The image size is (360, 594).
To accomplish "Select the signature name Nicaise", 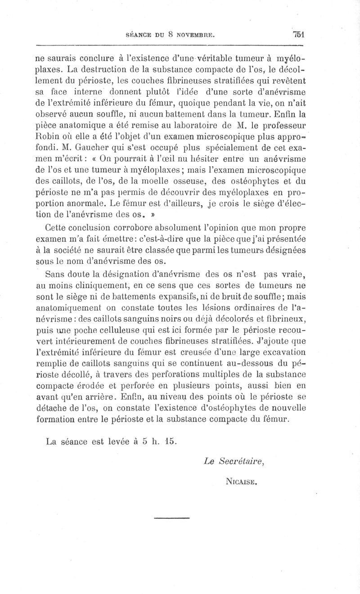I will click(242, 481).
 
